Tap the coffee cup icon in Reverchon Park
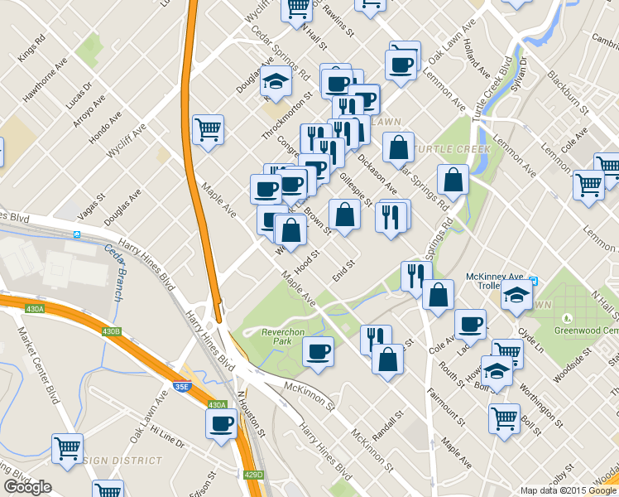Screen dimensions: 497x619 click(x=318, y=352)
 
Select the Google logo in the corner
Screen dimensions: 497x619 click(x=27, y=487)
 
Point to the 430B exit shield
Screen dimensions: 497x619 click(x=112, y=331)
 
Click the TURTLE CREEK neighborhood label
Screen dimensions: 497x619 click(x=453, y=150)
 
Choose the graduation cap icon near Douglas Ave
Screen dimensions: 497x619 click(x=276, y=81)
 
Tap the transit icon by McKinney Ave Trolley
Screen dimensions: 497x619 click(x=534, y=281)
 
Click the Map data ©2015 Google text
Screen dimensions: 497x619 click(x=567, y=490)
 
